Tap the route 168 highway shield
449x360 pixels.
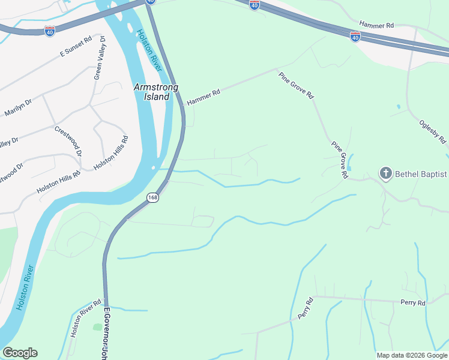154,198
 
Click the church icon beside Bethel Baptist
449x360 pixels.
385,175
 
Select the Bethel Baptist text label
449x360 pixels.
421,175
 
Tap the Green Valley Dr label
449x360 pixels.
99,58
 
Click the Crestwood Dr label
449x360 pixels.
68,140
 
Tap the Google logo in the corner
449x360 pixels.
20,353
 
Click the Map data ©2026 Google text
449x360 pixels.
412,355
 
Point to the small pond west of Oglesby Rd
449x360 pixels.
398,107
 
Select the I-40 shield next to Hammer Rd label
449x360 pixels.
355,37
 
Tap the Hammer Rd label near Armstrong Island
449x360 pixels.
203,97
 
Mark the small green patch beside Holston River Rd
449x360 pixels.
98,327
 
